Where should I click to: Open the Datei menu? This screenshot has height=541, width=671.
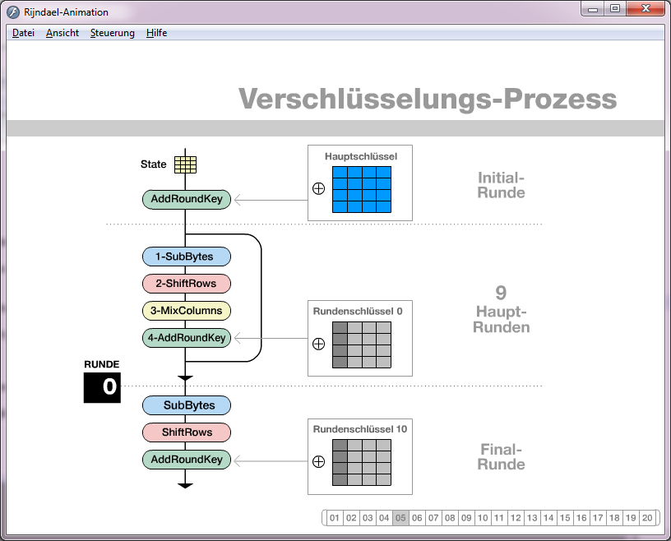click(23, 33)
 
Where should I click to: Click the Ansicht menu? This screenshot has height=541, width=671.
click(62, 33)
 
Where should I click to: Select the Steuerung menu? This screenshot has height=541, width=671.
click(113, 33)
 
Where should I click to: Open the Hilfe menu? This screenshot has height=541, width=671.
click(156, 33)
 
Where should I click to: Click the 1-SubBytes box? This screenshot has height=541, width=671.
click(187, 257)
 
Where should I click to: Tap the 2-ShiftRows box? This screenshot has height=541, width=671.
click(187, 284)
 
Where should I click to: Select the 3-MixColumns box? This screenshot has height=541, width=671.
click(187, 311)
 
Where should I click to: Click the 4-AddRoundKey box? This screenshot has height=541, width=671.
click(187, 338)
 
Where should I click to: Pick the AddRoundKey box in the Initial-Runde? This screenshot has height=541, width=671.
click(187, 199)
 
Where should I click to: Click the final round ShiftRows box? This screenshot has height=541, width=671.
click(187, 432)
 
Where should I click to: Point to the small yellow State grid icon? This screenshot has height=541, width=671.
click(185, 164)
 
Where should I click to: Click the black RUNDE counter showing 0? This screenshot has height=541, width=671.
click(102, 387)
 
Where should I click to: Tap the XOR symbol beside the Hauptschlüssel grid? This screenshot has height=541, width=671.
click(319, 189)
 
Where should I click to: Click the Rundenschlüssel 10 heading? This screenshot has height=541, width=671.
click(359, 429)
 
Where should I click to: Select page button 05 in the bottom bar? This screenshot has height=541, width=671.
click(400, 518)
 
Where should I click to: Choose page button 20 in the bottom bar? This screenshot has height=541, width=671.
click(647, 518)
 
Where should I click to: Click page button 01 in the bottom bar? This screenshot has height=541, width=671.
click(335, 518)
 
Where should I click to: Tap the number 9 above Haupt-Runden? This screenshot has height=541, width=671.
click(501, 293)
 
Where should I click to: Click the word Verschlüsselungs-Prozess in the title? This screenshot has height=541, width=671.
click(428, 99)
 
